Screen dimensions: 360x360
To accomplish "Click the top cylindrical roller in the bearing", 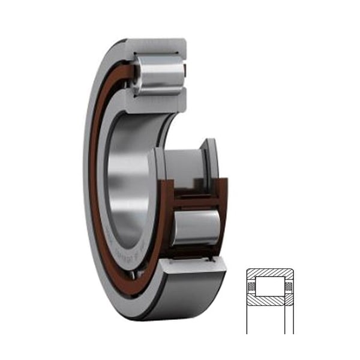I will pos(158,75).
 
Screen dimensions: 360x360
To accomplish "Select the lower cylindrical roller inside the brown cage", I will pos(196,227).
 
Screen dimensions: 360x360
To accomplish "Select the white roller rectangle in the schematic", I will pos(270,286).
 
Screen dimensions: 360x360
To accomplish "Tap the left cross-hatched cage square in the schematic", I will pos(251,286).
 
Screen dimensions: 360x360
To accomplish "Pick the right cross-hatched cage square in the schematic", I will pos(289,286).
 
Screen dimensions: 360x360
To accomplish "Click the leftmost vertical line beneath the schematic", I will pos(247,318).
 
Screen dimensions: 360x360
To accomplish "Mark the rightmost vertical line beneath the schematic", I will pos(293,318).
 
